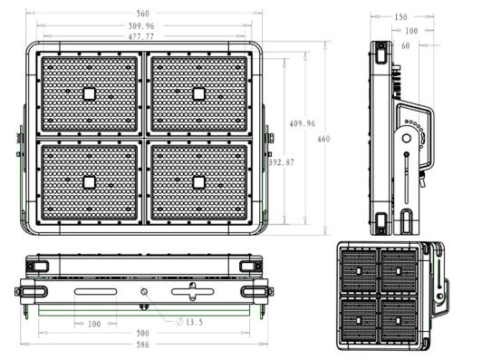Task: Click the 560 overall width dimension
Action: pyautogui.click(x=142, y=14)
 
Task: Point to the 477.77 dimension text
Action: pyautogui.click(x=140, y=37)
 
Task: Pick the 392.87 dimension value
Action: pyautogui.click(x=282, y=162)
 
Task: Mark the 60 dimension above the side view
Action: pyautogui.click(x=418, y=44)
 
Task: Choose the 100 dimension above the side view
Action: pyautogui.click(x=410, y=31)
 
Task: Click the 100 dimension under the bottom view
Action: pyautogui.click(x=93, y=324)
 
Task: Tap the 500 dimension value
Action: pyautogui.click(x=143, y=334)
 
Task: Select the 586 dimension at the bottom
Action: pyautogui.click(x=143, y=346)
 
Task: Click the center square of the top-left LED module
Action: pyautogui.click(x=90, y=93)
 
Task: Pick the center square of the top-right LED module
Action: pyautogui.click(x=198, y=93)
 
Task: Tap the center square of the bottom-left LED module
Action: pyautogui.click(x=90, y=182)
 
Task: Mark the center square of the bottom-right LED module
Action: pyautogui.click(x=198, y=182)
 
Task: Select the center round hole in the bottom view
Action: pyautogui.click(x=143, y=291)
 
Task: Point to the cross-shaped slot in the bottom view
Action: pyautogui.click(x=192, y=291)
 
